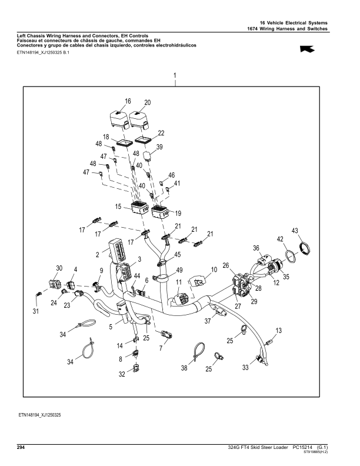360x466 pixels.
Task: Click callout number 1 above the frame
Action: pos(175,75)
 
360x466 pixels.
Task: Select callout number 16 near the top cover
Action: pos(128,101)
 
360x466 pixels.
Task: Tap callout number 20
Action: pos(147,102)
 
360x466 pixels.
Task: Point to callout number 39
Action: pos(159,147)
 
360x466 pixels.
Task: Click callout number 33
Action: pos(246,367)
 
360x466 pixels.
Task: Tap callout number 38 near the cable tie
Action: pos(184,368)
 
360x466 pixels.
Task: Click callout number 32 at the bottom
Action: pos(122,374)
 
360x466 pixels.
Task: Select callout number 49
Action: pos(179,270)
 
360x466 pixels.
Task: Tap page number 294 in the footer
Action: pos(20,448)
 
